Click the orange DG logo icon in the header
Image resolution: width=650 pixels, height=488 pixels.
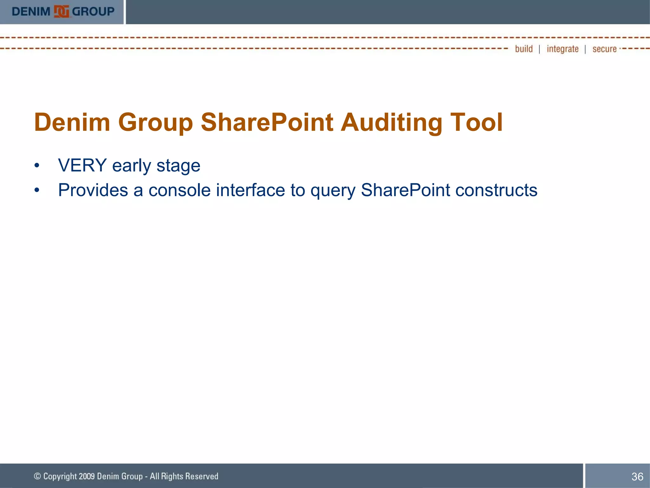tap(62, 12)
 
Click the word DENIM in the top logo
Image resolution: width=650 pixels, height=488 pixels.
tap(31, 12)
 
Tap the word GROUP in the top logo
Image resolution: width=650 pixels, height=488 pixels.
tap(93, 12)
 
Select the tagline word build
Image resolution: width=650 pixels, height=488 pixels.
tap(524, 49)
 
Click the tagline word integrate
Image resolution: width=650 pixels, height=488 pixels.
tap(562, 49)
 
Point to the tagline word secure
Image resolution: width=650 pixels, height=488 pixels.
tap(604, 49)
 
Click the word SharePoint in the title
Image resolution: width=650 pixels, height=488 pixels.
tap(267, 122)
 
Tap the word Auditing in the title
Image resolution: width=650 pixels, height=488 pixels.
tap(391, 122)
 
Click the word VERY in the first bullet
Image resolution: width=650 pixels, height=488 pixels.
tap(82, 166)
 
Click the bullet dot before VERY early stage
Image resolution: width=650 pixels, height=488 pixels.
tap(37, 166)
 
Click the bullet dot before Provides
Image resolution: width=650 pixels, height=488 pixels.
tap(37, 190)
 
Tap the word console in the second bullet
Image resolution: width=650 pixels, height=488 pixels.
tap(180, 190)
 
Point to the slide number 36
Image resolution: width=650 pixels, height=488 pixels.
tap(637, 477)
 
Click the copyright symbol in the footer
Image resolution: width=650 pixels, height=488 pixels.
tap(37, 476)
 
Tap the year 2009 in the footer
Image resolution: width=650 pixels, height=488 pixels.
tap(87, 476)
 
